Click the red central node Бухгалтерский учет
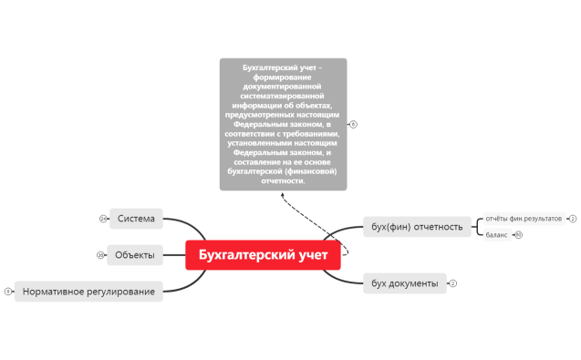pos(263,255)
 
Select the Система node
pos(136,219)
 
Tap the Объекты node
pos(134,254)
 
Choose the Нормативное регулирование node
pos(88,292)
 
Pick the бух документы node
pos(405,283)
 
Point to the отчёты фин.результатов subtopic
pos(524,219)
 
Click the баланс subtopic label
pos(496,234)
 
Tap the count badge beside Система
pos(103,219)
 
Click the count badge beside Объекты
pos(100,255)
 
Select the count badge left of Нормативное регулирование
pos(7,292)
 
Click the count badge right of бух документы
pos(453,283)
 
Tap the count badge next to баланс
pos(519,234)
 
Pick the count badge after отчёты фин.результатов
pos(573,219)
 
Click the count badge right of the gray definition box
pos(354,124)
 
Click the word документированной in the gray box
pos(284,85)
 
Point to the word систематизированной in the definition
pos(284,94)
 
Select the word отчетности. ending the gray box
pos(284,180)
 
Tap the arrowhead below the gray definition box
pos(282,194)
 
